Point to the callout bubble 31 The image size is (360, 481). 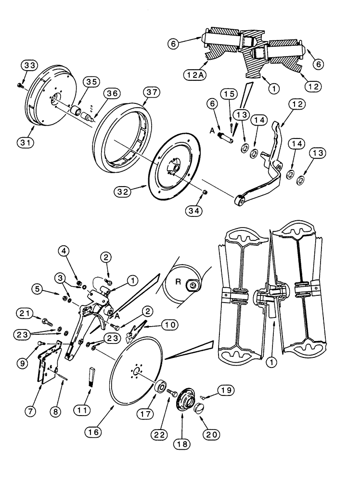26,142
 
